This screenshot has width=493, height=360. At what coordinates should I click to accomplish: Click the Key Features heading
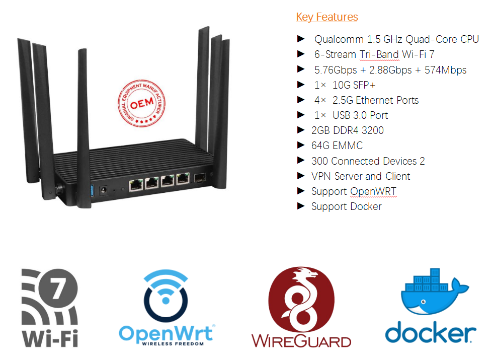coord(327,17)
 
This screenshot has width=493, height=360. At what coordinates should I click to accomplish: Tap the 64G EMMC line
coord(337,146)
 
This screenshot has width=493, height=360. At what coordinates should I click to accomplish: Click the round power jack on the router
coord(105,190)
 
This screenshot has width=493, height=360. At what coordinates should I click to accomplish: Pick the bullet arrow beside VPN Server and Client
coord(301,176)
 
